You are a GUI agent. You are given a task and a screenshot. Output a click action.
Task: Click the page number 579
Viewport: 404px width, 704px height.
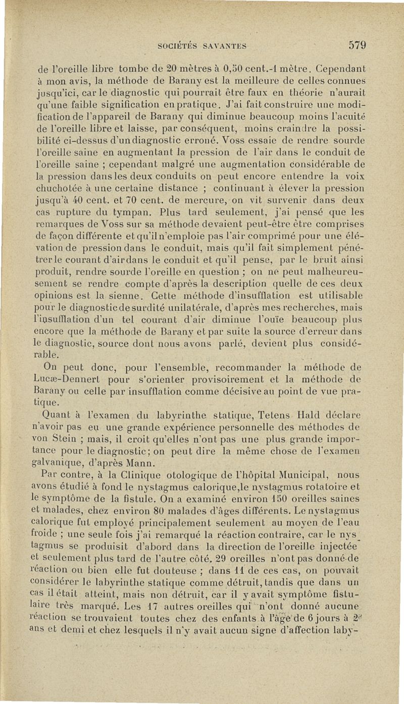tap(357, 44)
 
